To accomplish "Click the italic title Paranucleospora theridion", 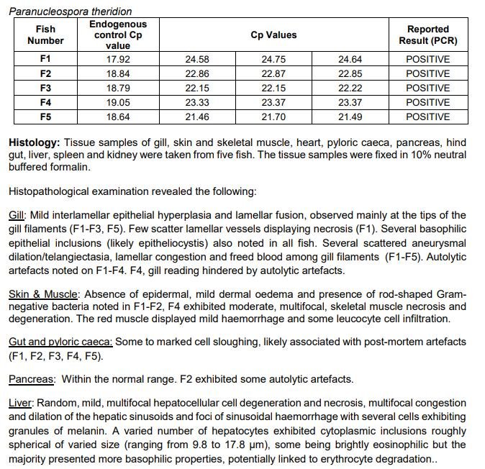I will click(71, 12).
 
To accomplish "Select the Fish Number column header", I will click(45, 35).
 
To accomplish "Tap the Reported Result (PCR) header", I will click(427, 35).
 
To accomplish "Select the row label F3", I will click(45, 88).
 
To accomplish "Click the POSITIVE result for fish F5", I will click(427, 117).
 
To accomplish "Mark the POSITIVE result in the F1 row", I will click(427, 60).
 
